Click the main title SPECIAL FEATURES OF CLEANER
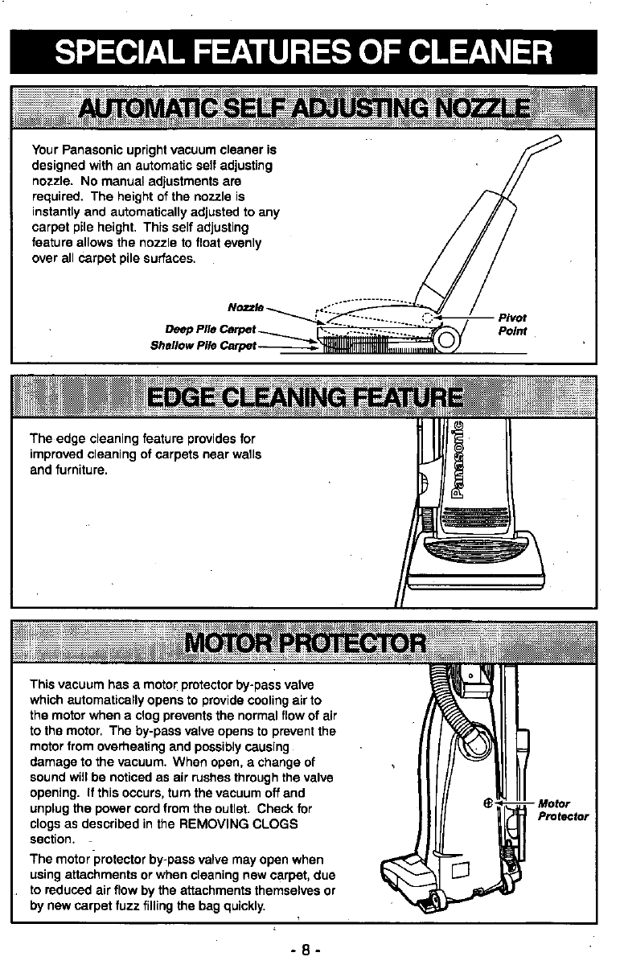(x=304, y=53)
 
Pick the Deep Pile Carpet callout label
(x=210, y=329)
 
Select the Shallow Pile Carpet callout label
(x=203, y=346)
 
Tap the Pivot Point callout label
(x=512, y=325)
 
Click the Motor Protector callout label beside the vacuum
(x=562, y=809)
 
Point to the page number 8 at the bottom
(x=306, y=949)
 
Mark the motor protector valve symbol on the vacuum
(x=487, y=803)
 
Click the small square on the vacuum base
(x=460, y=871)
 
